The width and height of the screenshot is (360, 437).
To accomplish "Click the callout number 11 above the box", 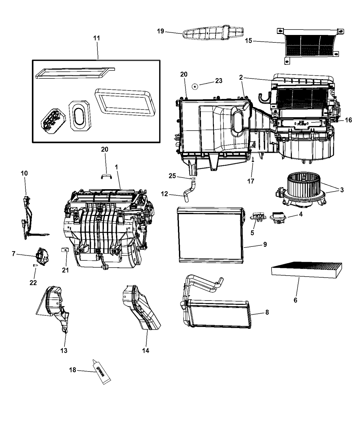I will [x=97, y=38].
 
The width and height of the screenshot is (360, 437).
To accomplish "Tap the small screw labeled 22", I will [x=35, y=265].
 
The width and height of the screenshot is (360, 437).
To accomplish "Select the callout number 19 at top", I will [x=160, y=32].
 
